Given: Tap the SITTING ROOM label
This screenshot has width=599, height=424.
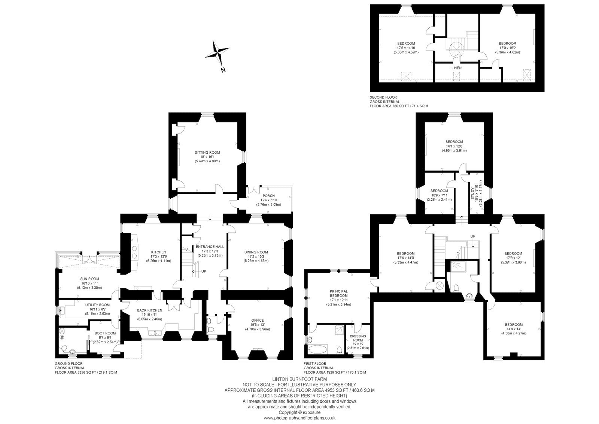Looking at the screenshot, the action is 207,153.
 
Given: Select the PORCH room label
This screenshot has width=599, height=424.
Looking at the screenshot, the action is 268,196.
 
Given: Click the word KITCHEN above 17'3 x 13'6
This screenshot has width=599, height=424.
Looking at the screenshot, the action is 159,252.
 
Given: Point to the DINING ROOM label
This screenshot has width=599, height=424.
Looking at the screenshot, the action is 256,252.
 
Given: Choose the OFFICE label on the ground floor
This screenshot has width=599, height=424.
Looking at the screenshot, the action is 258,321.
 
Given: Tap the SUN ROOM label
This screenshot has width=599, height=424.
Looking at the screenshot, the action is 89,279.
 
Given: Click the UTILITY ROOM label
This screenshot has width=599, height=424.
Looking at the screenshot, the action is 97,305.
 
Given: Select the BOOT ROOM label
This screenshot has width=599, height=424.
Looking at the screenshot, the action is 105,333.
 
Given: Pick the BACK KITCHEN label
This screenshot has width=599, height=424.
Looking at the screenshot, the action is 149,310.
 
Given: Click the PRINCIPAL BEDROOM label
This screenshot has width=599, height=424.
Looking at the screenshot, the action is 338,293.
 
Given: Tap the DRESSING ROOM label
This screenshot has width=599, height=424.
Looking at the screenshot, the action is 358,338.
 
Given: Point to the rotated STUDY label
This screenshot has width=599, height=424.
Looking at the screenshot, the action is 472,193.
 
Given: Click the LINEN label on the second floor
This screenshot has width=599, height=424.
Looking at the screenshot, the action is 456,68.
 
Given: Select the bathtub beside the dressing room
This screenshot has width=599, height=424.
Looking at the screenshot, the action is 317,349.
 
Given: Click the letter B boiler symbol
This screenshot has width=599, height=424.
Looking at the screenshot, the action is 62,337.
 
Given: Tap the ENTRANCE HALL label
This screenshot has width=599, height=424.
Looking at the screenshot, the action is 210,247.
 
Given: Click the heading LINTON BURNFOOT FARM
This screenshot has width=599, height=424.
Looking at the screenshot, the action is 299,379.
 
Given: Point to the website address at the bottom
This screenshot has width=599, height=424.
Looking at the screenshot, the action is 299,418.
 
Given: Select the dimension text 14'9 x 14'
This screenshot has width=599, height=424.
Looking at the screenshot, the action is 514,329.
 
